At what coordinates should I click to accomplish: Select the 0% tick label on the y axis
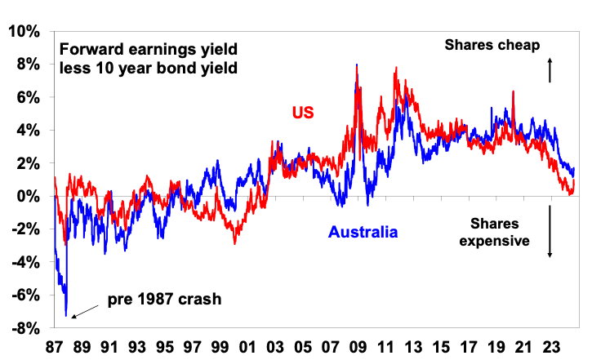[x=26, y=196]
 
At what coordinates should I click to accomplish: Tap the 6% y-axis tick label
[x=26, y=97]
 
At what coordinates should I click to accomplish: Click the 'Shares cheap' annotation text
[x=492, y=46]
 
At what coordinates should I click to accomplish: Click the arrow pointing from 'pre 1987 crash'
[x=82, y=311]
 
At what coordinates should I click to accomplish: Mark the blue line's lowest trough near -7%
[x=66, y=315]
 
